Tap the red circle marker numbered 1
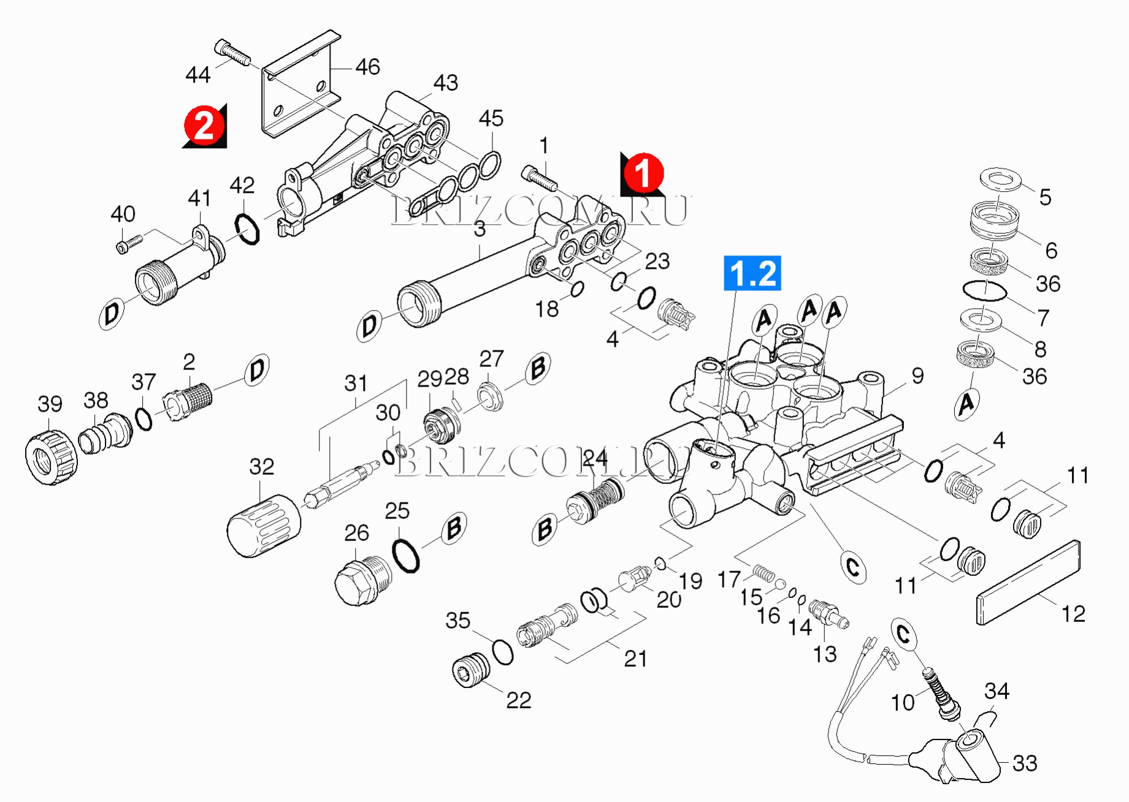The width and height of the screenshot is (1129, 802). point(643,173)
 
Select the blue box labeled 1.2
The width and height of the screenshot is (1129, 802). point(752,273)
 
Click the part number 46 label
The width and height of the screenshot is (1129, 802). point(367,67)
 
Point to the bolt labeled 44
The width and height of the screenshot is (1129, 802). point(232,52)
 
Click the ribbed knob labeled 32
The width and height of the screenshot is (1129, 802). point(264,526)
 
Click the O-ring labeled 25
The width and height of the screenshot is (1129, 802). point(405,556)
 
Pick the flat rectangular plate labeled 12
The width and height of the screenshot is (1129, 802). point(1028,582)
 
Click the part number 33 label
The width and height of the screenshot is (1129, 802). point(1025,763)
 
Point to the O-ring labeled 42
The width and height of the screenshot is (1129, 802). point(247,228)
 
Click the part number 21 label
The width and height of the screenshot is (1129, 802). point(635,659)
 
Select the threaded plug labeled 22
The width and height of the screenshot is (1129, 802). point(471,670)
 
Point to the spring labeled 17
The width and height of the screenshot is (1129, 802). point(764,574)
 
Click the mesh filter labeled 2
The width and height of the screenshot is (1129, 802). point(188,401)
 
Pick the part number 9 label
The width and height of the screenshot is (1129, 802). point(917,376)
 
